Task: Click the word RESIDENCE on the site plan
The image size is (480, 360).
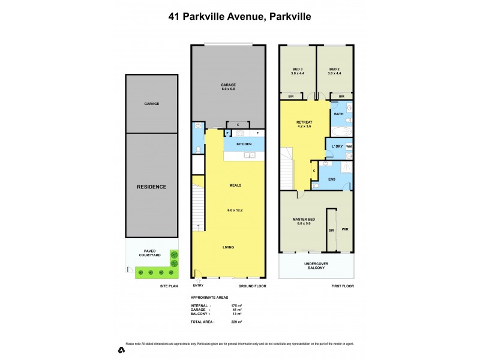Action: point(151,187)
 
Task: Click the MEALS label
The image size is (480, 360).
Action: point(235,185)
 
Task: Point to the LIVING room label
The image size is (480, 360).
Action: point(228,247)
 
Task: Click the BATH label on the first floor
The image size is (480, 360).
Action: point(338,114)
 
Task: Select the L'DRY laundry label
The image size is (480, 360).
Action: point(334,146)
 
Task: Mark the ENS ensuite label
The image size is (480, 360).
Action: point(331,179)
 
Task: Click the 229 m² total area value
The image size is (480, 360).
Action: point(236,322)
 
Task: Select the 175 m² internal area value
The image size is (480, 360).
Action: point(236,306)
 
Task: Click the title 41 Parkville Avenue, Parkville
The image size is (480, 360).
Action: point(239,19)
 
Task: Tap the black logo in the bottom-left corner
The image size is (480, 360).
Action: point(121,349)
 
